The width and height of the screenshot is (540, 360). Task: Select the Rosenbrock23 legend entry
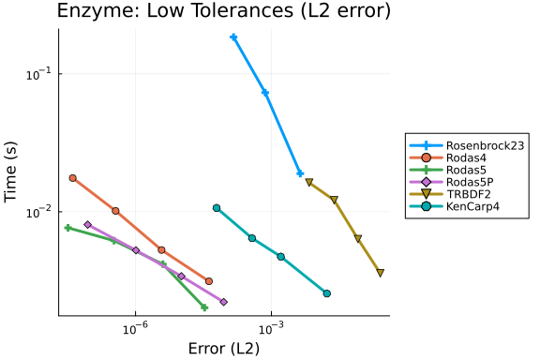coord(467,145)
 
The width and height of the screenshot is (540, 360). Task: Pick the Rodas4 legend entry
coord(448,157)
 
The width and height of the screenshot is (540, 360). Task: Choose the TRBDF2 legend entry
coord(450,194)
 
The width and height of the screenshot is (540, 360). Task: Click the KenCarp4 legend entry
coord(455,206)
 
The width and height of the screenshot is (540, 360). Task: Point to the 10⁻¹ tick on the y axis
coord(38,74)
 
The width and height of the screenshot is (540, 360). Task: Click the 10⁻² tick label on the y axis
coord(38,212)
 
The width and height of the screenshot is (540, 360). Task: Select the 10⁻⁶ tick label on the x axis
coord(135,329)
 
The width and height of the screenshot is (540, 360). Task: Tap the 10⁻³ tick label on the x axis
coord(271,329)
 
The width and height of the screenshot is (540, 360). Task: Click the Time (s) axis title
coord(10,172)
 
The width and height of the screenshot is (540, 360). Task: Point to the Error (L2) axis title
coord(224,349)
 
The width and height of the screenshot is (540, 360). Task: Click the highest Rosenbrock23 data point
coord(233,37)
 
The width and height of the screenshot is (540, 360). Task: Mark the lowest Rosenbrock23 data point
coord(300,173)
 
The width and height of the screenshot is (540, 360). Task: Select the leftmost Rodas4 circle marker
coord(73,178)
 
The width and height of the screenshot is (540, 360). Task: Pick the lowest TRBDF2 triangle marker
coord(381,273)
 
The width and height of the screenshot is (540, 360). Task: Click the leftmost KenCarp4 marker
coord(217,208)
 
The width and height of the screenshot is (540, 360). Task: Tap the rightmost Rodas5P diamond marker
coord(224,302)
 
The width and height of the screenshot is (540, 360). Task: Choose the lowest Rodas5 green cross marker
coord(204,307)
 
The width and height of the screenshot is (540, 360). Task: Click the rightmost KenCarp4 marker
coord(327,293)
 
